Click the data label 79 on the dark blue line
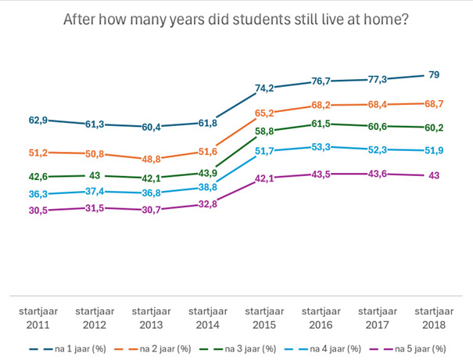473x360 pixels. pyautogui.click(x=435, y=74)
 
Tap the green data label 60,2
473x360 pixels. pyautogui.click(x=433, y=127)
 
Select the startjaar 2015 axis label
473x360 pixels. pyautogui.click(x=265, y=316)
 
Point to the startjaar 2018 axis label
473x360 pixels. pyautogui.click(x=435, y=316)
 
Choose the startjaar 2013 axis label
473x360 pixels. pyautogui.click(x=151, y=316)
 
